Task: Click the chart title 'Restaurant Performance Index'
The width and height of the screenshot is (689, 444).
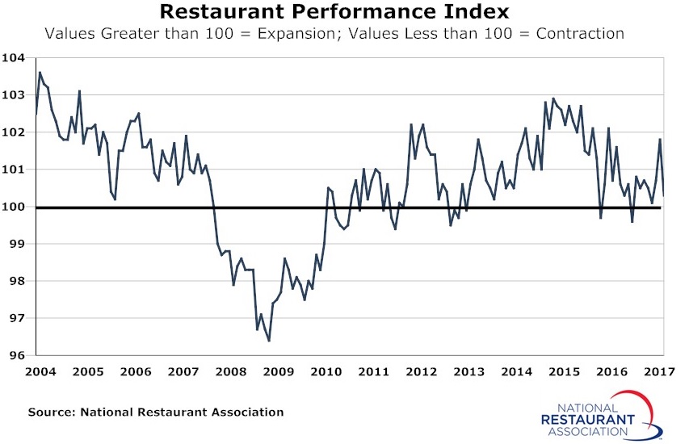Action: [x=334, y=12]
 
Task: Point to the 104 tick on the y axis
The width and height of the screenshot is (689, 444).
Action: [x=15, y=58]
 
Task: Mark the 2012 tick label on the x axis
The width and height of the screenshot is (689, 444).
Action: [x=422, y=372]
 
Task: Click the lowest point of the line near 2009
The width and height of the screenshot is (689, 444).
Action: [x=268, y=341]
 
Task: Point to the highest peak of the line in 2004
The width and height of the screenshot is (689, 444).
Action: [x=40, y=73]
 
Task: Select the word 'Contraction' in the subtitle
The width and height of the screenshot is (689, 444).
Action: [x=580, y=34]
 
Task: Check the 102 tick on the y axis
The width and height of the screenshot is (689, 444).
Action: [x=15, y=132]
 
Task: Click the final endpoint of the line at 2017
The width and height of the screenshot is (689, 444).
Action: [x=664, y=195]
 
